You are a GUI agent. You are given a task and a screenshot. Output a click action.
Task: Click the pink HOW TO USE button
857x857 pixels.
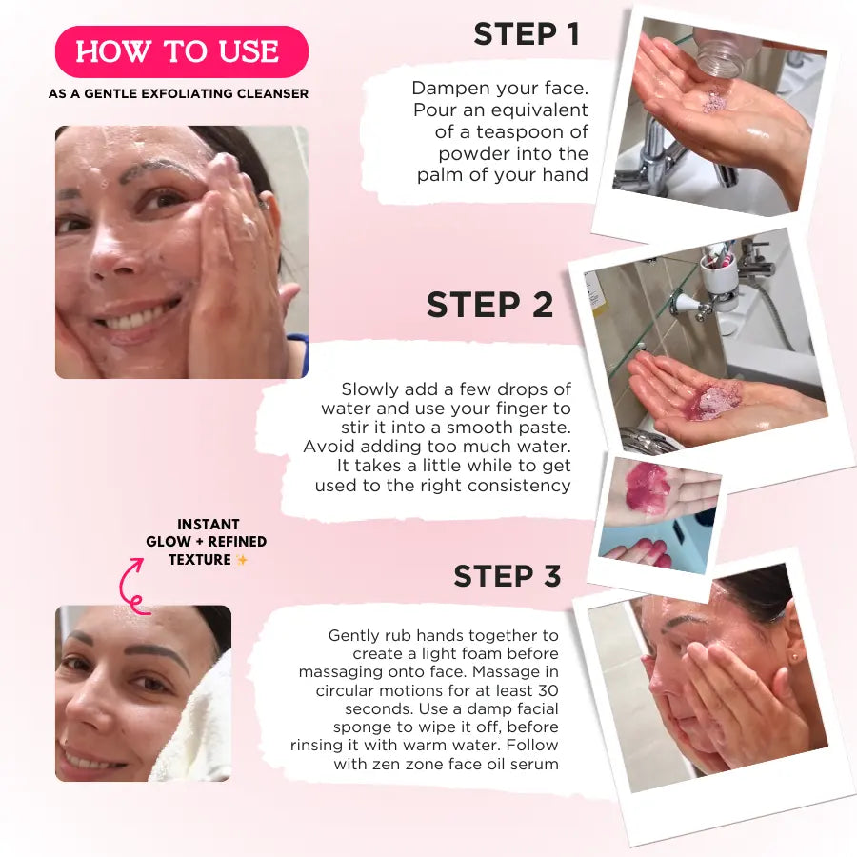point(181,51)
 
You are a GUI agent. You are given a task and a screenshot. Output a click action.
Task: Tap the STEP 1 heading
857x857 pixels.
point(526,34)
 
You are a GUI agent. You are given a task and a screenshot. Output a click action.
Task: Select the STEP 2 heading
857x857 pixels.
point(489,306)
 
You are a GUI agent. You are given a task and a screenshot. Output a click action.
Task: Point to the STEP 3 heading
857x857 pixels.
point(507,577)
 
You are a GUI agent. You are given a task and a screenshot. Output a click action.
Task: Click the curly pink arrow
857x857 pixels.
point(130,585)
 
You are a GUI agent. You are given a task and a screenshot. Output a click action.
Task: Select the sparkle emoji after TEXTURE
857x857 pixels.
point(242,560)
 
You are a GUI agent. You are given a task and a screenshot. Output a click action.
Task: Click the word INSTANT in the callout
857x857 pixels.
point(208,524)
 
